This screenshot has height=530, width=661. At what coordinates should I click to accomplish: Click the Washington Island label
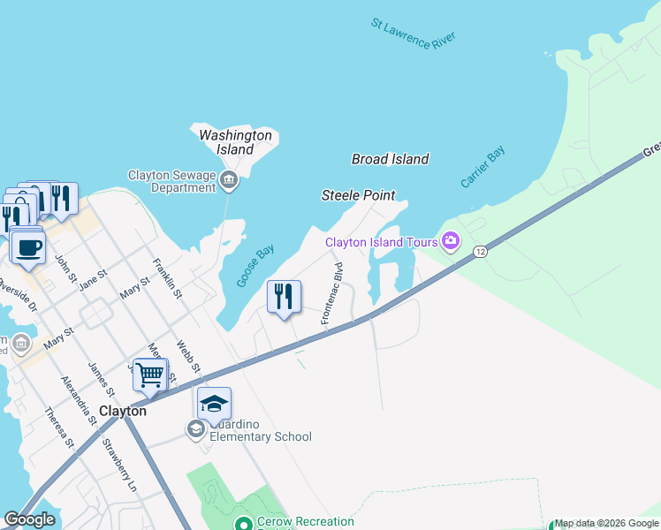tap(235, 142)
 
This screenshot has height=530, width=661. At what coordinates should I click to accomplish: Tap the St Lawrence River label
tap(413, 34)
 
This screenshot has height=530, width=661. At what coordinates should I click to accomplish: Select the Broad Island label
tap(390, 159)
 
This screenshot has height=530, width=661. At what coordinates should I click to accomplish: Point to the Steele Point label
tap(358, 195)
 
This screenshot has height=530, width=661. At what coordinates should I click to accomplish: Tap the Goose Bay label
tap(255, 265)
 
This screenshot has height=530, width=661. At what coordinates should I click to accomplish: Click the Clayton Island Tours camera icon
tap(451, 241)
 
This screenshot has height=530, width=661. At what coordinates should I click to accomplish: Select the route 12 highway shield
tap(480, 252)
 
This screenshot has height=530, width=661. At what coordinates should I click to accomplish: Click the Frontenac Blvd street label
tap(331, 292)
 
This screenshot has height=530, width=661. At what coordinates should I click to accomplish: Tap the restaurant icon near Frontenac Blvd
tap(284, 297)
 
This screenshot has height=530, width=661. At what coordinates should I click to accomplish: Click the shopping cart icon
tap(150, 375)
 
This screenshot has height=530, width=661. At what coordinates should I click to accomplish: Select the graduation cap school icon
tap(214, 404)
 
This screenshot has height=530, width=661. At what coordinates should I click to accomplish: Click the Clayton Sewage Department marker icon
tap(229, 182)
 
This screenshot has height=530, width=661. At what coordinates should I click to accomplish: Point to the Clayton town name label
tap(122, 412)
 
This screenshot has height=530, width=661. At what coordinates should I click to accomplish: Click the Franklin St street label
tap(167, 277)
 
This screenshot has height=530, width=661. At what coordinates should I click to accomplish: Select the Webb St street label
tap(188, 358)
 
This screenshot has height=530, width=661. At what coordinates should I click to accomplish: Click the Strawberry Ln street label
tap(120, 465)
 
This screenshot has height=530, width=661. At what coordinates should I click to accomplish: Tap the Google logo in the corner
tap(29, 519)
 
